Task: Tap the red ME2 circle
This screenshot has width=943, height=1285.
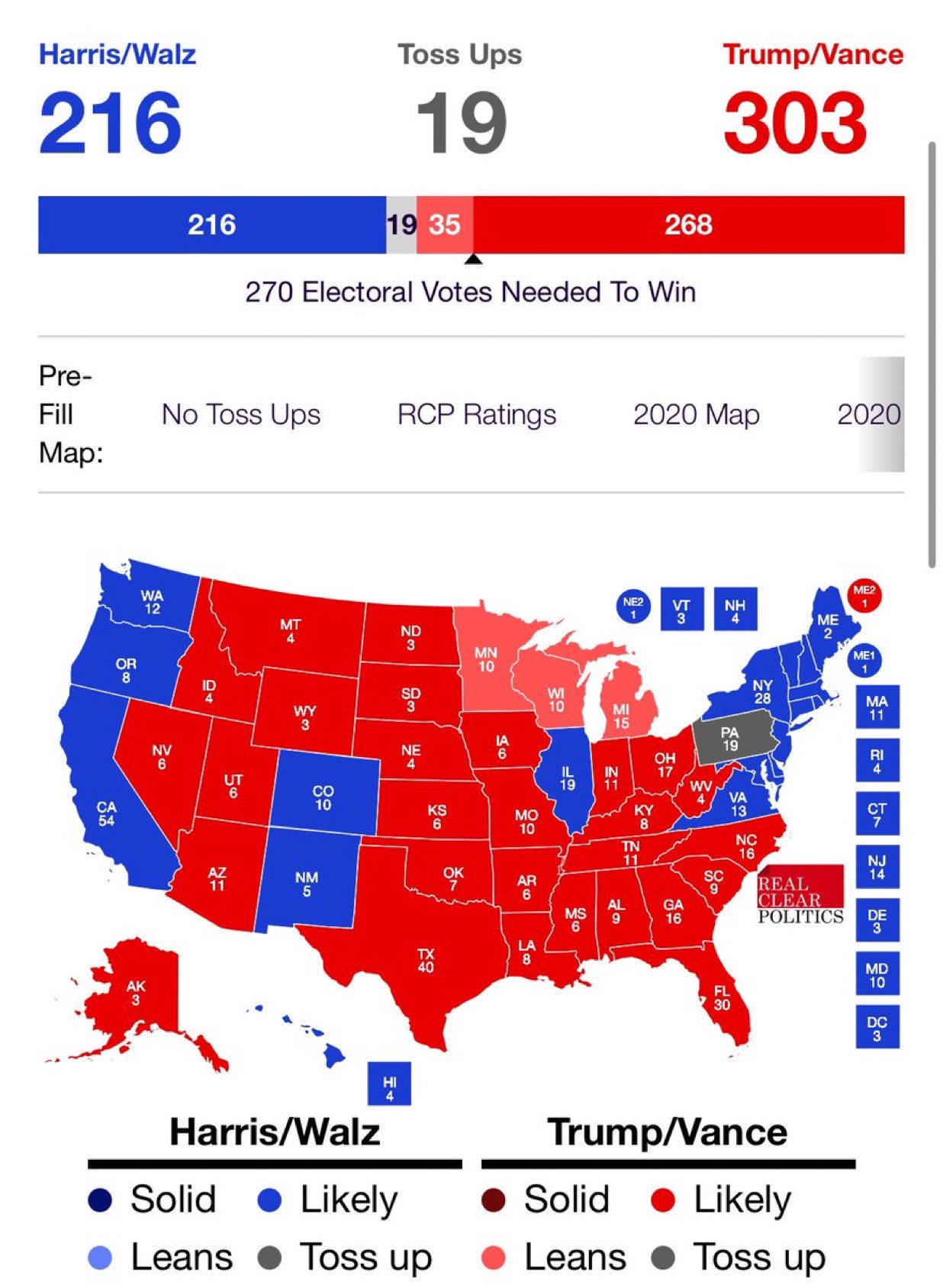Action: [864, 596]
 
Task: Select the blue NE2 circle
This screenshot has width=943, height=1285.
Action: [632, 607]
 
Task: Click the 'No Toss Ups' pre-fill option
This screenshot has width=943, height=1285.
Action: [241, 414]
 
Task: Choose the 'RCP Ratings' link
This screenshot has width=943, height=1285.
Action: [477, 414]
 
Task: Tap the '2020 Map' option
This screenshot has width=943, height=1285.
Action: [696, 414]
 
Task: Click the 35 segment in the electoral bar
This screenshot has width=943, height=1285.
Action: [444, 225]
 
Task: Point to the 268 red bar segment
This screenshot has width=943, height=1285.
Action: [688, 225]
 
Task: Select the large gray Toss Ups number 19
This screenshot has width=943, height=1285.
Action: [461, 122]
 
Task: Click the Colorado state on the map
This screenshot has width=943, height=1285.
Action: [323, 796]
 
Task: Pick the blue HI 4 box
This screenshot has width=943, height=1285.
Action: [389, 1083]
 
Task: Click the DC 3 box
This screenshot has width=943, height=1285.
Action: [877, 1026]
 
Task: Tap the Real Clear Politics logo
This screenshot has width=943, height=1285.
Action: [800, 895]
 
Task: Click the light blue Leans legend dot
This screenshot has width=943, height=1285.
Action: [100, 1258]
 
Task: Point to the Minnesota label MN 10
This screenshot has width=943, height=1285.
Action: [485, 659]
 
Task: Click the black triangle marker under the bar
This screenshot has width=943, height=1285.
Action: [474, 259]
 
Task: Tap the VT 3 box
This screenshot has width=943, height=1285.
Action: [681, 609]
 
